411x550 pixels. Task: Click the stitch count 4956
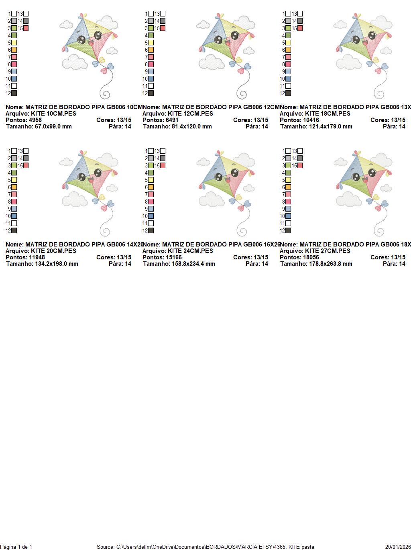coord(35,120)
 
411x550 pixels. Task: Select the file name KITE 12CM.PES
coord(190,114)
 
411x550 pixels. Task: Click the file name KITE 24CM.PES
coord(190,251)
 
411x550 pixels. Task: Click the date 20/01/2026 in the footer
coord(398,547)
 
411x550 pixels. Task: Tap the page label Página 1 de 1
coord(16,547)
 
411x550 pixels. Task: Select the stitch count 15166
coord(174,257)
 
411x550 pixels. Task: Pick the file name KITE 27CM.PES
coord(328,251)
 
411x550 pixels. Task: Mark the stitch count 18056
coord(311,257)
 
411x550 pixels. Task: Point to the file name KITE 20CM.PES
coord(53,251)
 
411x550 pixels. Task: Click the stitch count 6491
coord(172,120)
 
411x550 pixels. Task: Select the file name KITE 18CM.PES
coord(328,114)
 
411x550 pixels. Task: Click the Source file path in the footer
coord(205,547)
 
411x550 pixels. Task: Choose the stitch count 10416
coord(311,120)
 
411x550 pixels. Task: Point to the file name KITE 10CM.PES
coord(53,114)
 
